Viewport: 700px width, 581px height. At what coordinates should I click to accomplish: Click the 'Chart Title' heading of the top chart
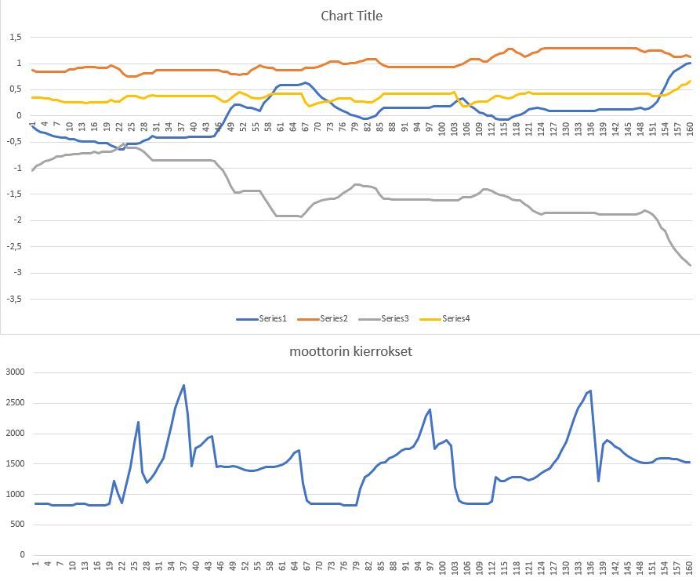pos(351,16)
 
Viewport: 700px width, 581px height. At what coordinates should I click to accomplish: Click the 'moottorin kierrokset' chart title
pos(350,351)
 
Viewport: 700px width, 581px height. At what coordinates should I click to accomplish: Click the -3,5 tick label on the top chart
pos(14,299)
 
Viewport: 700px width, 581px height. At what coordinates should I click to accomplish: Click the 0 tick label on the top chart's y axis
pos(20,115)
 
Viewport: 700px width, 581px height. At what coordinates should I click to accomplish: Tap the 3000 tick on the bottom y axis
pos(16,372)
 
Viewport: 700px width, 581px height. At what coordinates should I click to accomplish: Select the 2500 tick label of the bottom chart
pos(16,403)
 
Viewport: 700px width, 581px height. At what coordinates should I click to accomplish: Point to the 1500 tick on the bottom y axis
pos(16,463)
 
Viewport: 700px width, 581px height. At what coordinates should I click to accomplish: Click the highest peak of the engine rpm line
pos(184,385)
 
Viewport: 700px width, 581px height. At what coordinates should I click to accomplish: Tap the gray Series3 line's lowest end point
pos(691,265)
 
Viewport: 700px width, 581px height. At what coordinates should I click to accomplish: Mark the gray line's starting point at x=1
pos(33,169)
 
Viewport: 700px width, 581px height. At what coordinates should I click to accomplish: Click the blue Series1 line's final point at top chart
pos(691,63)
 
